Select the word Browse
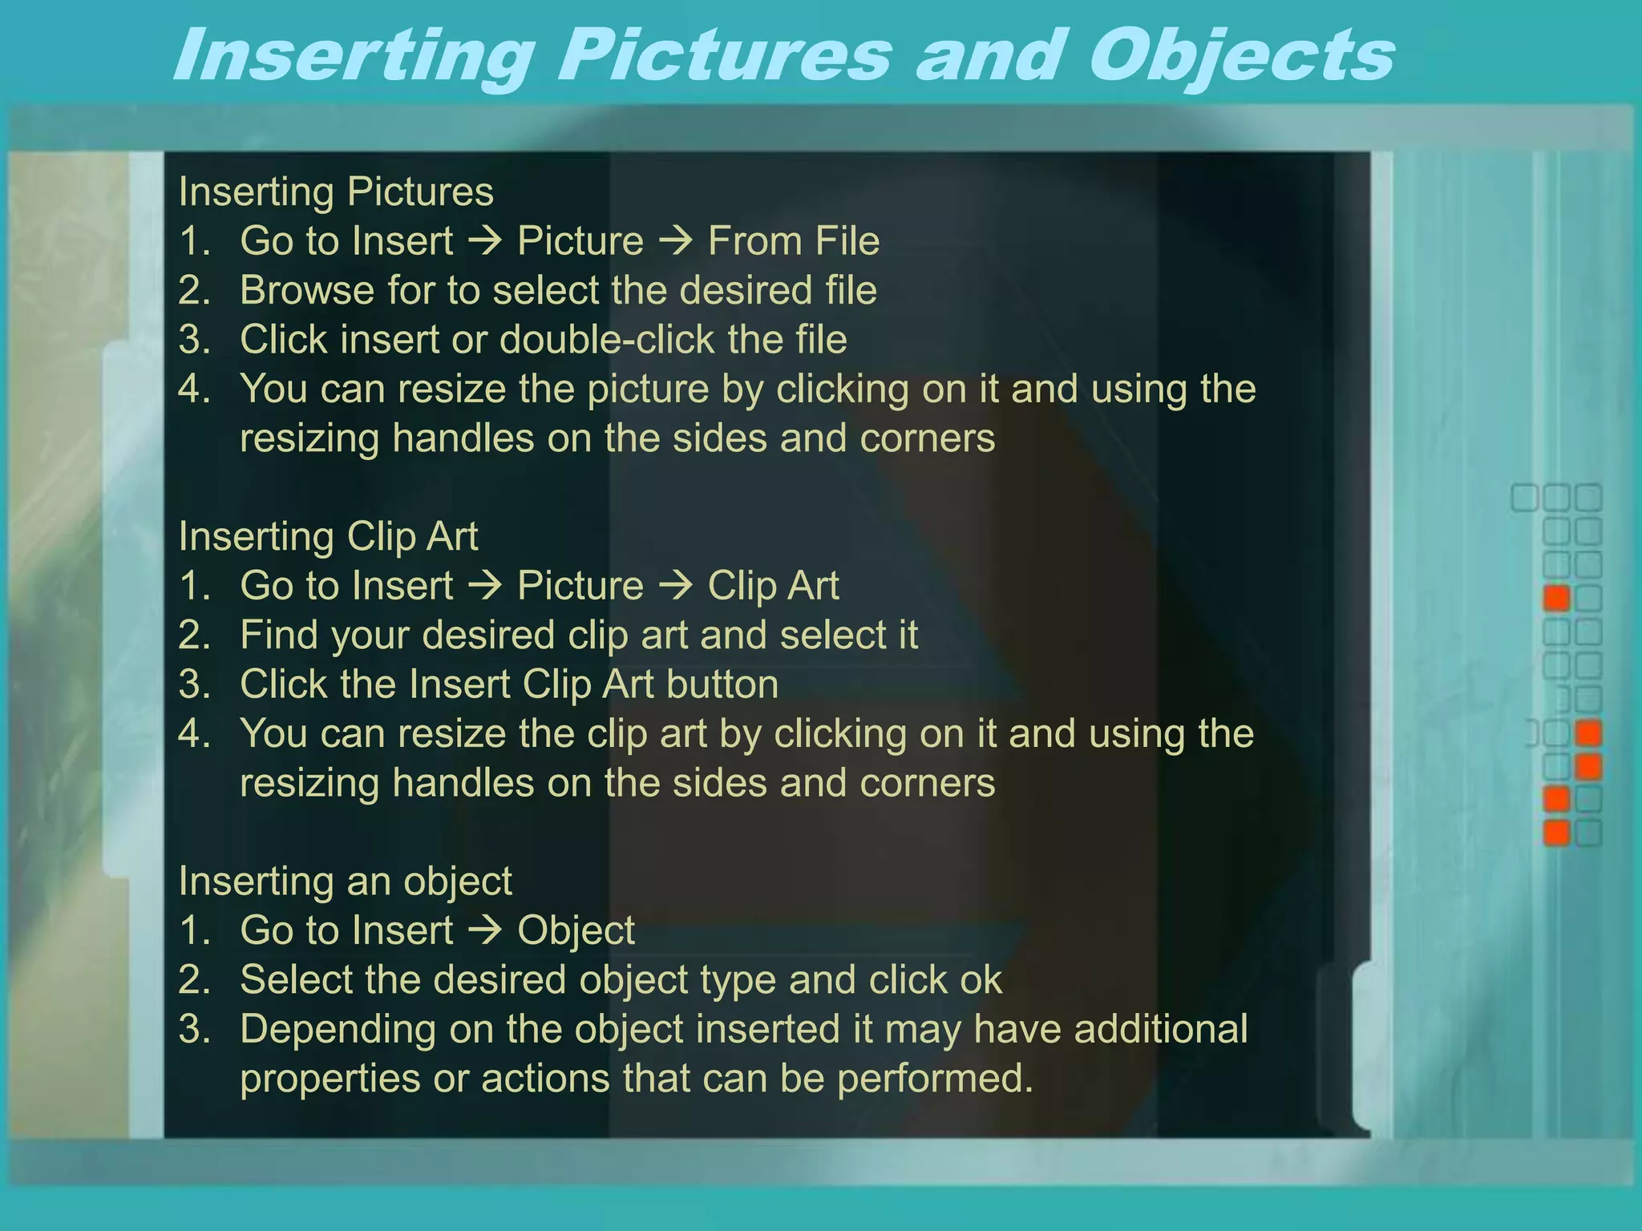pyautogui.click(x=306, y=290)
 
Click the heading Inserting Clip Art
pyautogui.click(x=328, y=536)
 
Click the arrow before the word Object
pyautogui.click(x=484, y=930)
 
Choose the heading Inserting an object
pyautogui.click(x=345, y=881)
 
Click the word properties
pyautogui.click(x=330, y=1079)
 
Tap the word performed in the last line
pyautogui.click(x=935, y=1079)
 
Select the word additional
pyautogui.click(x=1160, y=1029)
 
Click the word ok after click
pyautogui.click(x=981, y=979)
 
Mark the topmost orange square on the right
pyautogui.click(x=1556, y=598)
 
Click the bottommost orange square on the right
pyautogui.click(x=1556, y=833)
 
